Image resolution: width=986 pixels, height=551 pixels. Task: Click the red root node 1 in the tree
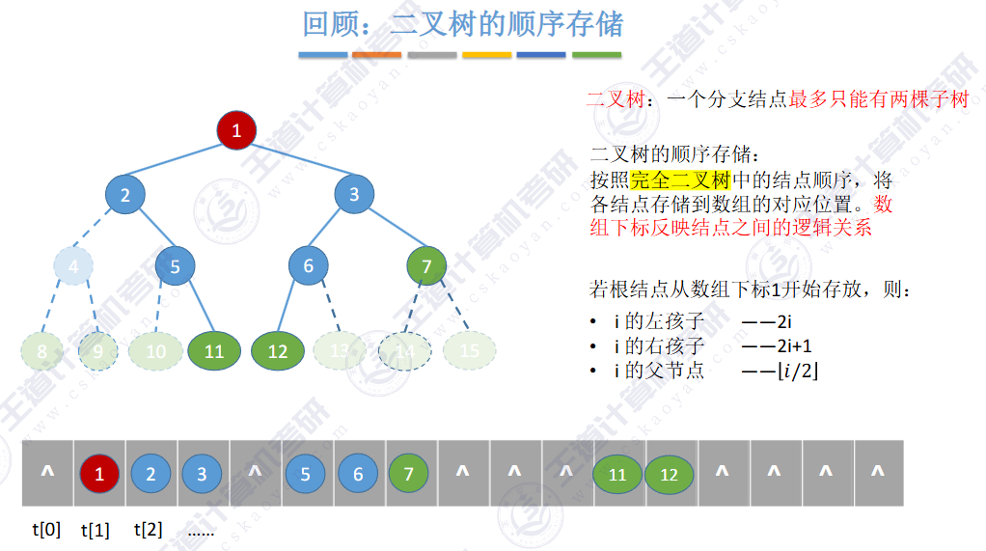coord(236,130)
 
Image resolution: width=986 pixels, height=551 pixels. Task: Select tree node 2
coord(125,195)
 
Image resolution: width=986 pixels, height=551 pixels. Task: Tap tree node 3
coord(354,194)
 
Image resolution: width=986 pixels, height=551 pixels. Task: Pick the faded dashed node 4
coord(73,265)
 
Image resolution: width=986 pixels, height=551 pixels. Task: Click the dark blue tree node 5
coord(175,265)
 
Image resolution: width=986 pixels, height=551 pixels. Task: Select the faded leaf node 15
coord(469,350)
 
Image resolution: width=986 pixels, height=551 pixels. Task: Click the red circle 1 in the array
coord(98,474)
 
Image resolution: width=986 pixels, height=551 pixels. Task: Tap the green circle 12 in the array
coord(669,475)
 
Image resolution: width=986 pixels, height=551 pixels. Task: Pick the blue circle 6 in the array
coord(358,474)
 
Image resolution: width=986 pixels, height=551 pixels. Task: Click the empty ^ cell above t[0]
coord(47,473)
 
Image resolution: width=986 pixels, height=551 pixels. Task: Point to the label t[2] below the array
coord(149,529)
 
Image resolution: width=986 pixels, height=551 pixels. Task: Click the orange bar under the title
coord(377,55)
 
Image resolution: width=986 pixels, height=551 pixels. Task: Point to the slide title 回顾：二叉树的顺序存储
coord(463,23)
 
